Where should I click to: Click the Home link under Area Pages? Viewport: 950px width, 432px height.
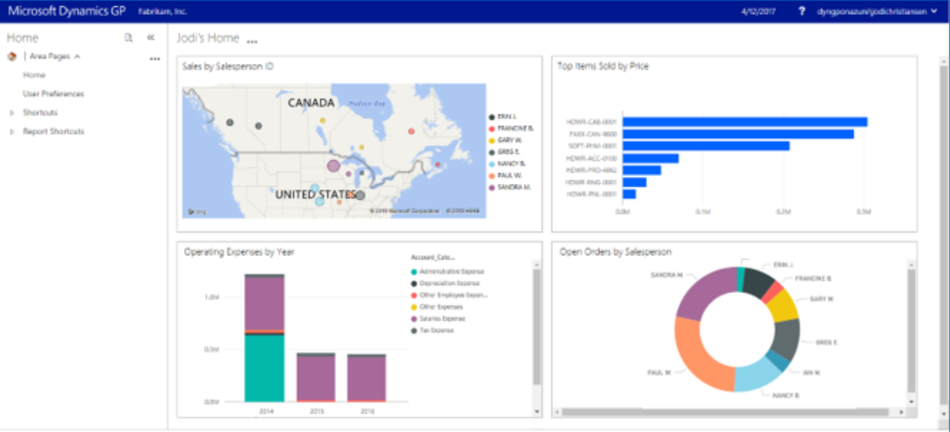click(34, 75)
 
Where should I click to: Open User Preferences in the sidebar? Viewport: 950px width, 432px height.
click(54, 93)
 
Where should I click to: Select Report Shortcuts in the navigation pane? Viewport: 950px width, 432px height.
click(54, 131)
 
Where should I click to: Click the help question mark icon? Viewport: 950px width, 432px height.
click(801, 11)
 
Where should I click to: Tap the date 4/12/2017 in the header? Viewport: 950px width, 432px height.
click(758, 11)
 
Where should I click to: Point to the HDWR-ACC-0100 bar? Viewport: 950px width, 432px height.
click(651, 158)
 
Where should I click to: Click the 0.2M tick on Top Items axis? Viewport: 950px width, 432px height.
click(784, 212)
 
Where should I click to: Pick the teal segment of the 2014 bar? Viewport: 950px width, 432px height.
click(264, 368)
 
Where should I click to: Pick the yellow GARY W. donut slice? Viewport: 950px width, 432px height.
click(782, 304)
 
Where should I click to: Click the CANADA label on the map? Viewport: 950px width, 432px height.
click(311, 102)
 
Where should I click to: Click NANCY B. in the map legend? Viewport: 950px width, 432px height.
click(512, 164)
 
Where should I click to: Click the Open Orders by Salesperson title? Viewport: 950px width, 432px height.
click(615, 252)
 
